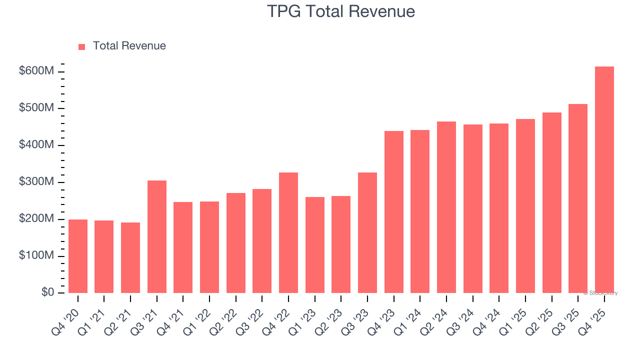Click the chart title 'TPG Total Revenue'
[341, 11]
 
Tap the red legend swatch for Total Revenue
[82, 46]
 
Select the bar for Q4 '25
[604, 180]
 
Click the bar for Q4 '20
[78, 256]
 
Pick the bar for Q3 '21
[157, 236]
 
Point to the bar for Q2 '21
[130, 257]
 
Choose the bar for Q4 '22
[288, 232]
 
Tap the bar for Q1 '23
[314, 245]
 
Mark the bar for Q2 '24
[446, 207]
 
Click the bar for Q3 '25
[578, 198]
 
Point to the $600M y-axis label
[36, 71]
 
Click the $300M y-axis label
[36, 182]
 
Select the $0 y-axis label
[47, 292]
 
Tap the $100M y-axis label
[36, 256]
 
